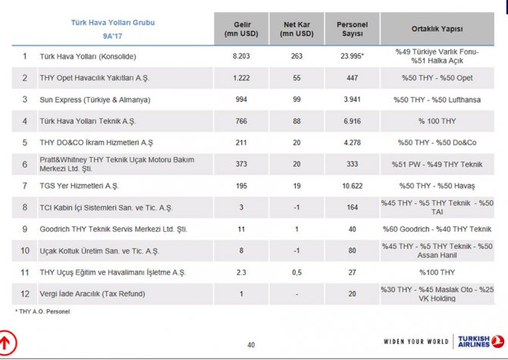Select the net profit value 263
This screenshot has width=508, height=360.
(x=296, y=56)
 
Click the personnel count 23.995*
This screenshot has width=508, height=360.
(x=352, y=56)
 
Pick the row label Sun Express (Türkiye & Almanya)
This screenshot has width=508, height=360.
(x=95, y=99)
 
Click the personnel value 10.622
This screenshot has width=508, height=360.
(x=352, y=186)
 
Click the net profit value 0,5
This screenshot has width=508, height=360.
(x=296, y=272)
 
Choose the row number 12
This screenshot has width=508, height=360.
(x=24, y=293)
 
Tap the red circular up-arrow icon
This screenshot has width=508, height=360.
(x=10, y=342)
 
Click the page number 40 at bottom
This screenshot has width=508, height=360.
(x=251, y=346)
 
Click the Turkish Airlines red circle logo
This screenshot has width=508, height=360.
(x=498, y=342)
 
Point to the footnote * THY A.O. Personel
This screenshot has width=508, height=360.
(x=42, y=311)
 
